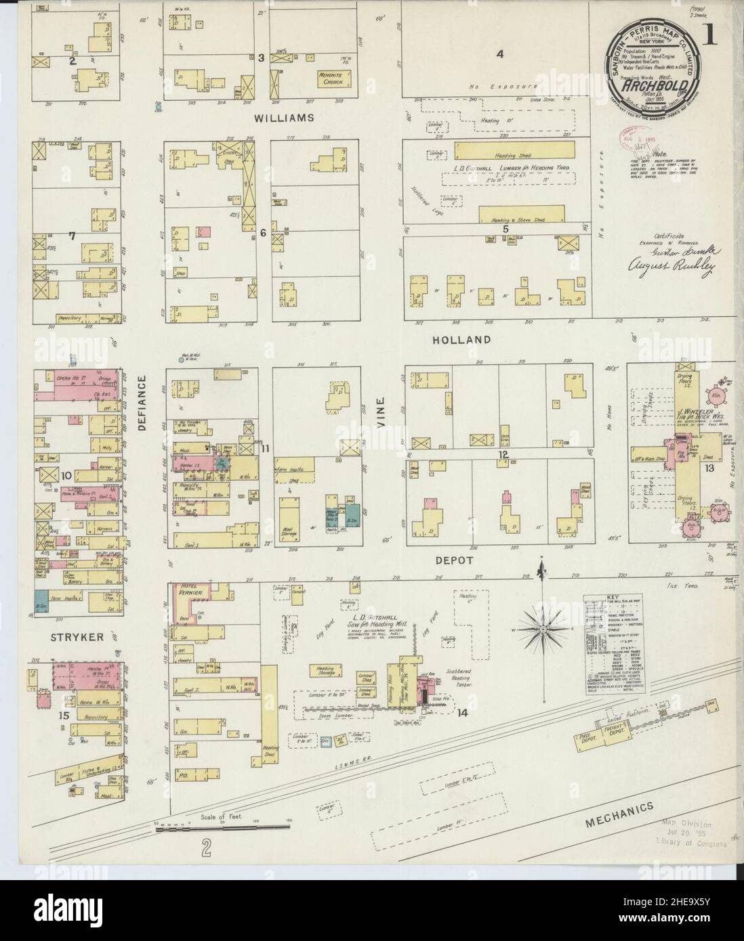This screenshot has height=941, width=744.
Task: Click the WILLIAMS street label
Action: [285, 117]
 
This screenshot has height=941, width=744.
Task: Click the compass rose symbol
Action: [543, 629]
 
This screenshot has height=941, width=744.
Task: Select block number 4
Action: [500, 54]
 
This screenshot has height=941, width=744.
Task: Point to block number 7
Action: [70, 236]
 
